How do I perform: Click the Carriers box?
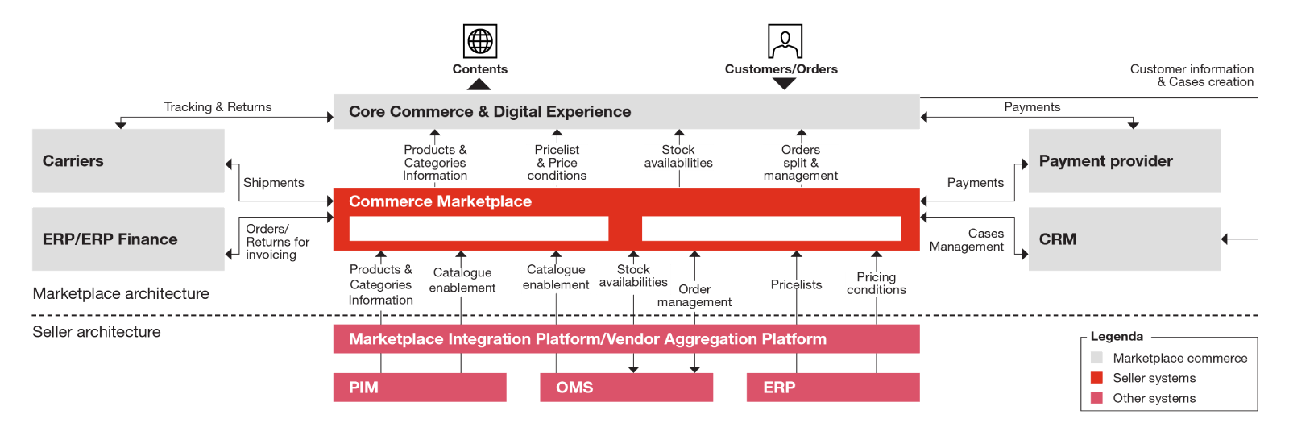tap(127, 160)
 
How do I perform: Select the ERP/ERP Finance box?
tap(127, 239)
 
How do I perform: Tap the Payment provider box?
tap(1125, 160)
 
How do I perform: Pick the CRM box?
tap(1125, 239)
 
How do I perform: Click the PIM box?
tap(419, 388)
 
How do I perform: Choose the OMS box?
tap(626, 388)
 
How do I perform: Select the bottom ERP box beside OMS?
tap(832, 388)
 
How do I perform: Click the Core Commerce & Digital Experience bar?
tap(626, 112)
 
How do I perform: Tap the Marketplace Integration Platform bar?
tap(626, 339)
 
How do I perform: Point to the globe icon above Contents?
tap(479, 40)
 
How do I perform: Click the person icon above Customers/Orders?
tap(784, 41)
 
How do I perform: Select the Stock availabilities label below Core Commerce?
tap(678, 156)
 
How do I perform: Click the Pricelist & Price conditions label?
tap(557, 163)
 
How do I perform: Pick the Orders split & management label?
tap(801, 163)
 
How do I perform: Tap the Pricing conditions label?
tap(877, 284)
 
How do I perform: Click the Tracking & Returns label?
tap(218, 107)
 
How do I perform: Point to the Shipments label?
tap(274, 183)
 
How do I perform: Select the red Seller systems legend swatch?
tap(1096, 378)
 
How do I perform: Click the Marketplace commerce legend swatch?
tap(1096, 358)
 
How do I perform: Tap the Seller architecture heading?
tap(97, 332)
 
